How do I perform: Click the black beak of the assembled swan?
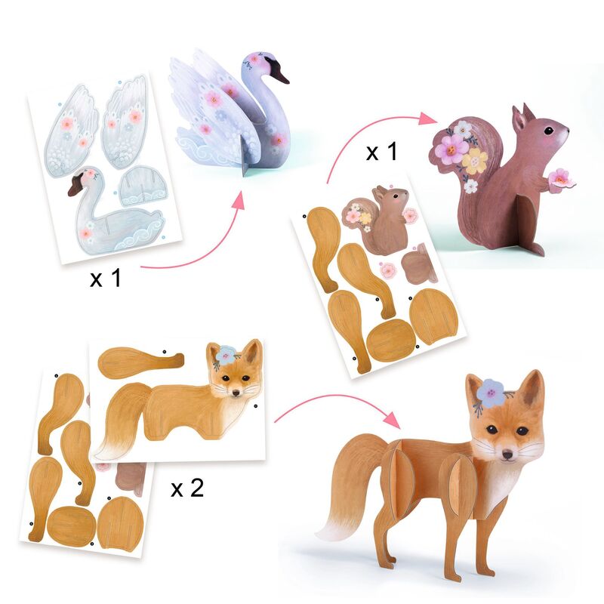[280, 74]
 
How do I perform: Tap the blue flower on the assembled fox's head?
[490, 392]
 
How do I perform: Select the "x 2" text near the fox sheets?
[186, 488]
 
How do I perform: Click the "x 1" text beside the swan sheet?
[106, 279]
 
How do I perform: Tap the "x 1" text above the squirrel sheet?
[381, 152]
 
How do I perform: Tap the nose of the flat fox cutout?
[239, 393]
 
